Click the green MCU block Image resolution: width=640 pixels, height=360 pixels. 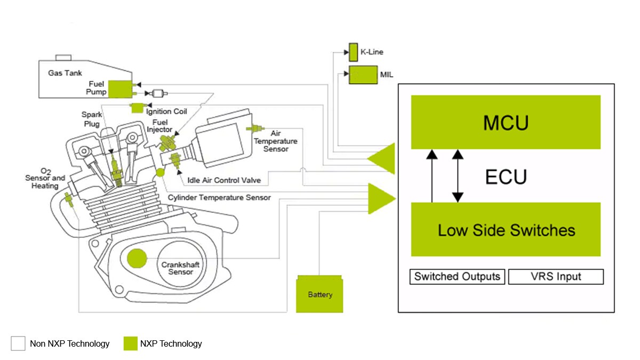(506, 122)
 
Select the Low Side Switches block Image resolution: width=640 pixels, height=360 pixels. (506, 229)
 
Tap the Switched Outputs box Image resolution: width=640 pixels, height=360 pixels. (457, 276)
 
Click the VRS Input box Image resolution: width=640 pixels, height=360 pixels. (556, 276)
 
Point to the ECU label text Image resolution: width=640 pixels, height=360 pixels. (506, 177)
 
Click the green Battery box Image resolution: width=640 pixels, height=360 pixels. (320, 294)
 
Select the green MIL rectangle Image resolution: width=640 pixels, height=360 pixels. (363, 75)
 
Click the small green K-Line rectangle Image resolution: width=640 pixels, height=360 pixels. (353, 52)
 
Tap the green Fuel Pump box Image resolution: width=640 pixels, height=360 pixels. (122, 89)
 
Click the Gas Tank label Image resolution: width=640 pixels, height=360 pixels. (65, 73)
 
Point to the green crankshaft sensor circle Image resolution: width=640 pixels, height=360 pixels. (137, 259)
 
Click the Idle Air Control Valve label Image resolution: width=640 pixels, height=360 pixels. (223, 180)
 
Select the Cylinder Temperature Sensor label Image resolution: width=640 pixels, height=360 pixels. (219, 197)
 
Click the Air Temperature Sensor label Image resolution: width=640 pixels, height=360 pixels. (276, 141)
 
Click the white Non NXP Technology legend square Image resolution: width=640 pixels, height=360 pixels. (18, 343)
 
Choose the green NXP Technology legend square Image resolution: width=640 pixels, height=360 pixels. (131, 343)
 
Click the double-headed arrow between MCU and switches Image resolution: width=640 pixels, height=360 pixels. (457, 176)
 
